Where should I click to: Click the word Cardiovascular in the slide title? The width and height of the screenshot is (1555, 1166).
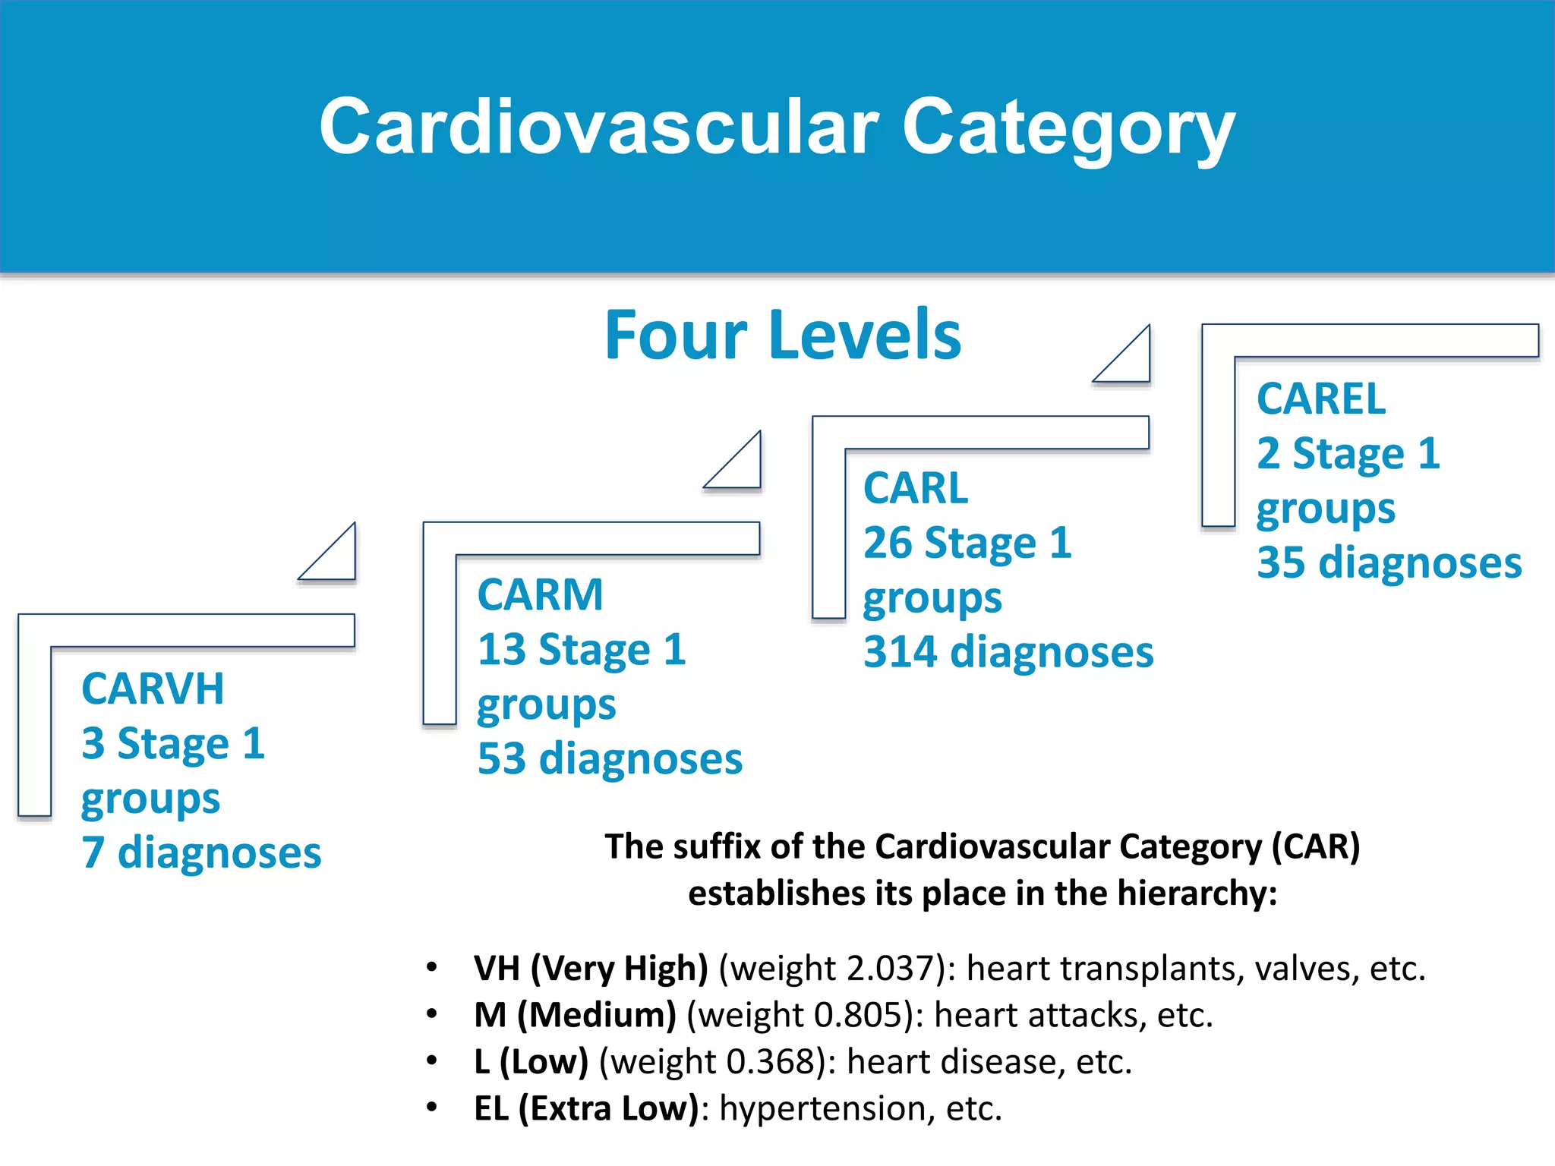tap(598, 128)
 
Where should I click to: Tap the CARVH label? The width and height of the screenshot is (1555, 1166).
tap(153, 689)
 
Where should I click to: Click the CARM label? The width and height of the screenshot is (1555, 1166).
tap(540, 594)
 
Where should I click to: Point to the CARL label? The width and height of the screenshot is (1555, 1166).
tap(916, 487)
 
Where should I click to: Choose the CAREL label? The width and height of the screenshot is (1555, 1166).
tap(1320, 399)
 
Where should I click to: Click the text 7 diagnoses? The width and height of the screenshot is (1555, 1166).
tap(201, 852)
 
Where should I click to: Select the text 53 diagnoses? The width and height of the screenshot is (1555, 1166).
tap(610, 758)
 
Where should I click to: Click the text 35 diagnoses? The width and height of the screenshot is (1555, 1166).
tap(1389, 563)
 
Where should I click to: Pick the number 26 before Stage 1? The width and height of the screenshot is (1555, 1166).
tap(887, 543)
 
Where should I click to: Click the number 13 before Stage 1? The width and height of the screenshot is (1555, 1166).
tap(501, 650)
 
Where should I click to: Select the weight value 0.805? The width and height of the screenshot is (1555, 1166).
tap(856, 1015)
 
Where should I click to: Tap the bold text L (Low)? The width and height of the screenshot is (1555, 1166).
tap(531, 1061)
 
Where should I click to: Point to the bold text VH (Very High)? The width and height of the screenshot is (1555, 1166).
tap(590, 969)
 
